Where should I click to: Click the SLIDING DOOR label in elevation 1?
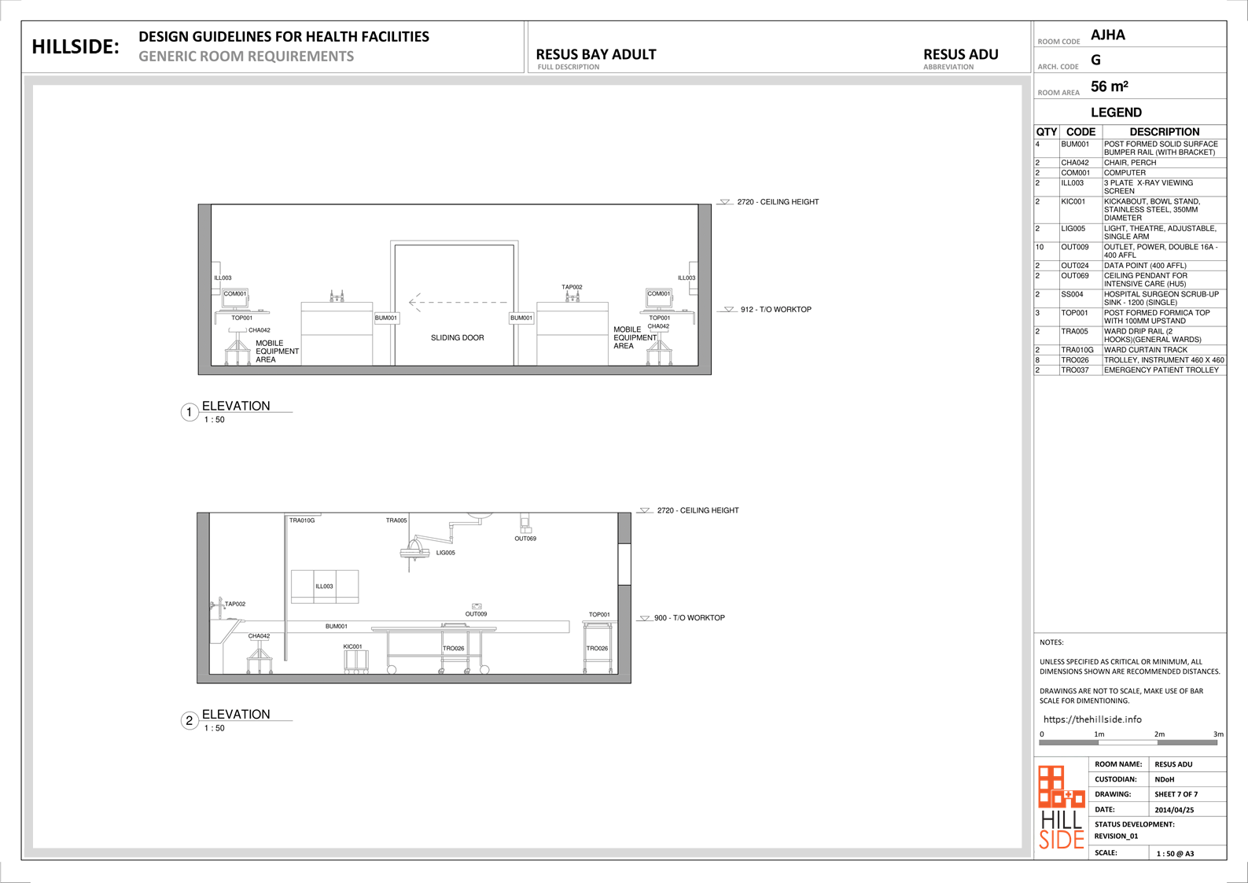457,337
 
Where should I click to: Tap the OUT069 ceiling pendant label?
525,539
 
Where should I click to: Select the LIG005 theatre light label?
445,553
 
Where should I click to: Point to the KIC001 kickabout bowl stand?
356,662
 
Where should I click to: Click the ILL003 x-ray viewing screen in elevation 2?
325,587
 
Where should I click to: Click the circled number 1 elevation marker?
190,412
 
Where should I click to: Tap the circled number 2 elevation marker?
190,720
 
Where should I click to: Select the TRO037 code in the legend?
1074,370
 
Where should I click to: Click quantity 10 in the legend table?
1040,247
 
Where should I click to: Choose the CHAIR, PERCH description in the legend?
1130,163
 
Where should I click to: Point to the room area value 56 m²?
1110,86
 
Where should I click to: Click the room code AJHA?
1107,35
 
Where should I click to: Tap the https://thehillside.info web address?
1092,719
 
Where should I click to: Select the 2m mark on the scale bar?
1159,734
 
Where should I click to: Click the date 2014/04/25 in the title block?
1174,810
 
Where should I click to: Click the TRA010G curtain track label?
302,521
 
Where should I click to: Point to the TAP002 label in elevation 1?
572,287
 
